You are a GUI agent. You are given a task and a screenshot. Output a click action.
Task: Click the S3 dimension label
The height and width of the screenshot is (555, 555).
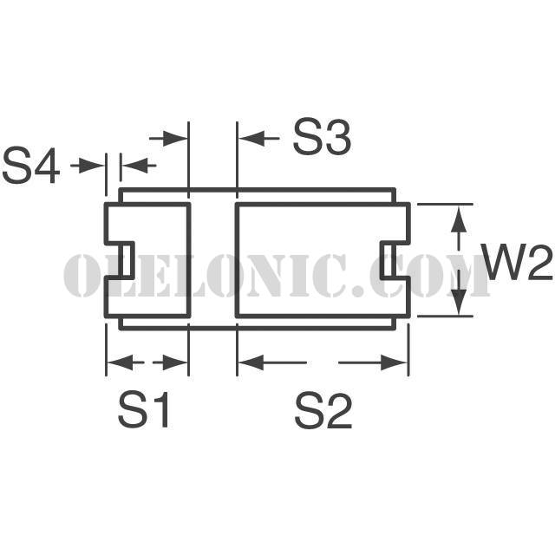click(x=322, y=137)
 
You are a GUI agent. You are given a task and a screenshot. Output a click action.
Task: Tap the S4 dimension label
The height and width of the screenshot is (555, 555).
click(x=30, y=166)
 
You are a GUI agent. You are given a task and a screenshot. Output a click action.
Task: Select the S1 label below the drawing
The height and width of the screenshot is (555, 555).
click(x=143, y=410)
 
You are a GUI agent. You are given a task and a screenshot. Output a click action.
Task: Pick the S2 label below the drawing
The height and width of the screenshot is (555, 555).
click(x=323, y=410)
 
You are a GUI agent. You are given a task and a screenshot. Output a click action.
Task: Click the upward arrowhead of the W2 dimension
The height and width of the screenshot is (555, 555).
click(x=459, y=219)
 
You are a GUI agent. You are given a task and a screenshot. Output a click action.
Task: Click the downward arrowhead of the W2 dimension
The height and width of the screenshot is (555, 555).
click(x=459, y=301)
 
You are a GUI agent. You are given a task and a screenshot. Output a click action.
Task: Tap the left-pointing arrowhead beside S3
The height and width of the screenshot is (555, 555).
click(x=252, y=138)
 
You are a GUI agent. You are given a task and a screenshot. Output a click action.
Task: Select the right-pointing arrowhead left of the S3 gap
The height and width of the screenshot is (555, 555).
click(x=175, y=138)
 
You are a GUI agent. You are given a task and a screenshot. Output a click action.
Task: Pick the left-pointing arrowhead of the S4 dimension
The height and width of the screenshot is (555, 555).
click(x=134, y=166)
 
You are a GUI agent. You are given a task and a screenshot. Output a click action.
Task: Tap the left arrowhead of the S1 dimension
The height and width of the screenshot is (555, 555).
click(x=120, y=362)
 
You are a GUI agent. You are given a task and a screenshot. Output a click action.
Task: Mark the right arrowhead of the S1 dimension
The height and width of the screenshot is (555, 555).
click(x=175, y=362)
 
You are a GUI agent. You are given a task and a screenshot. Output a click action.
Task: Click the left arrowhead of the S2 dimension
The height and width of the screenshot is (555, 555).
click(x=251, y=362)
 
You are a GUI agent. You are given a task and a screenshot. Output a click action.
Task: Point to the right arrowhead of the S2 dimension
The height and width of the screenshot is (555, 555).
click(x=394, y=362)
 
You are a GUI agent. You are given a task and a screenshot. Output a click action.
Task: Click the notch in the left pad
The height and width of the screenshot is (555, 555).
click(x=120, y=260)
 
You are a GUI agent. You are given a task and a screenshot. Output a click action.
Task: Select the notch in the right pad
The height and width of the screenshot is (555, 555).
click(x=396, y=260)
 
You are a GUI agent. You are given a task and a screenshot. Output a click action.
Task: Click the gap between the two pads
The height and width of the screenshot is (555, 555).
click(x=213, y=260)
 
